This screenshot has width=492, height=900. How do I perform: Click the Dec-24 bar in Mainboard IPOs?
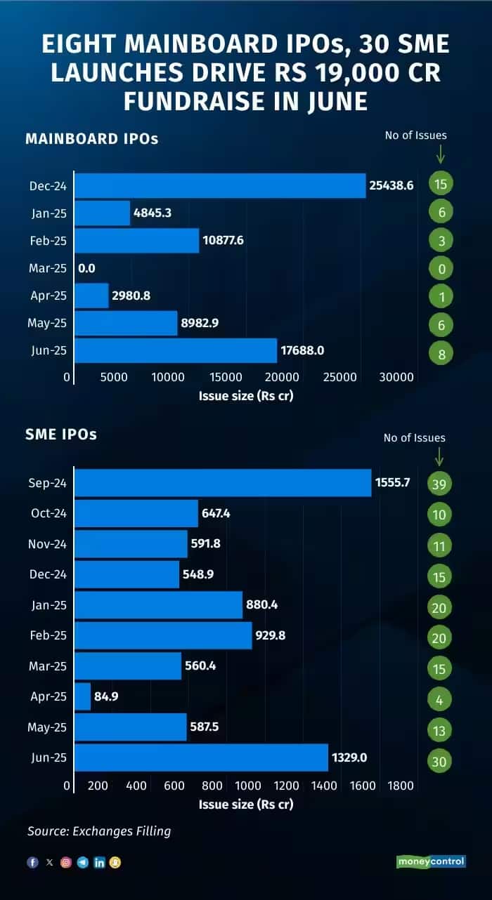click(220, 185)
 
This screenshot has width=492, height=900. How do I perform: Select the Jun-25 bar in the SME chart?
click(201, 757)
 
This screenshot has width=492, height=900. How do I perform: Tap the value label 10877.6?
click(224, 240)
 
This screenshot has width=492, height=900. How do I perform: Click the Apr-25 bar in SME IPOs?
click(83, 696)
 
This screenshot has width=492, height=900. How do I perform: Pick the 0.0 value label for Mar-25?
click(87, 267)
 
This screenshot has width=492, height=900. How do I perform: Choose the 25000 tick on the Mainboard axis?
click(340, 377)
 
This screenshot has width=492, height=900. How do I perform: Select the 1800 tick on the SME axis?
click(401, 786)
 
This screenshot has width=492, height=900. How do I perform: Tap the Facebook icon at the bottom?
click(32, 863)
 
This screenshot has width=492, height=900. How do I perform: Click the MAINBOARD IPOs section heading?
click(91, 138)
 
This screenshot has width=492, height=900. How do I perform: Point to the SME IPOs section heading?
click(61, 435)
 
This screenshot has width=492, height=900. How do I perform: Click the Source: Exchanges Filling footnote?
click(99, 831)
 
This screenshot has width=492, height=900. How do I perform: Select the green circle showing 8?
click(441, 354)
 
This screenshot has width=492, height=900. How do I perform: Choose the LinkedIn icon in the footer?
click(99, 863)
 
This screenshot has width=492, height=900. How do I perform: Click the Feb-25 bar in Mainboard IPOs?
click(137, 240)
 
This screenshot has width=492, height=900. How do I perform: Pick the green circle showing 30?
click(439, 761)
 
